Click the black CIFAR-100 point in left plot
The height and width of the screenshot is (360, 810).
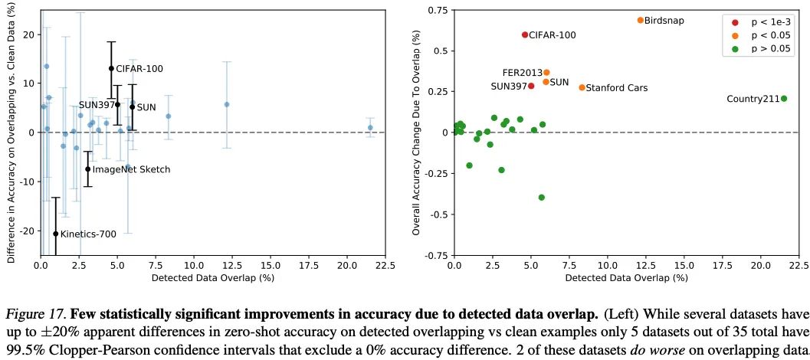pos(111,68)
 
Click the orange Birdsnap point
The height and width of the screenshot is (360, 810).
pos(640,20)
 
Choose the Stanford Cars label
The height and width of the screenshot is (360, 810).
pos(617,88)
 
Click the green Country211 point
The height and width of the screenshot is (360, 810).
pos(783,98)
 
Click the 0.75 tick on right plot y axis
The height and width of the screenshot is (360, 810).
pos(435,10)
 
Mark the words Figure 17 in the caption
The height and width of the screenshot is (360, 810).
pos(31,314)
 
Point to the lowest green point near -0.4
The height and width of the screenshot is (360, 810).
pos(541,197)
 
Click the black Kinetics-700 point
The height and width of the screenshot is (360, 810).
pos(55,234)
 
